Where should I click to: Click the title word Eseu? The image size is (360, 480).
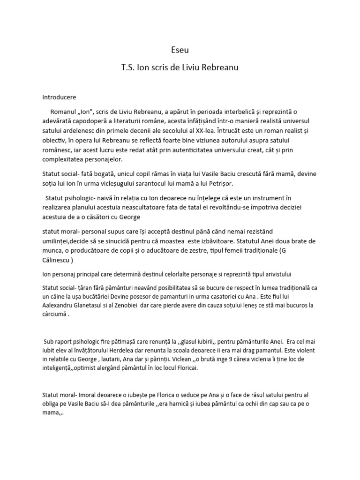pos(180,49)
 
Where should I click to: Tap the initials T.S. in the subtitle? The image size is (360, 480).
pos(129,67)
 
